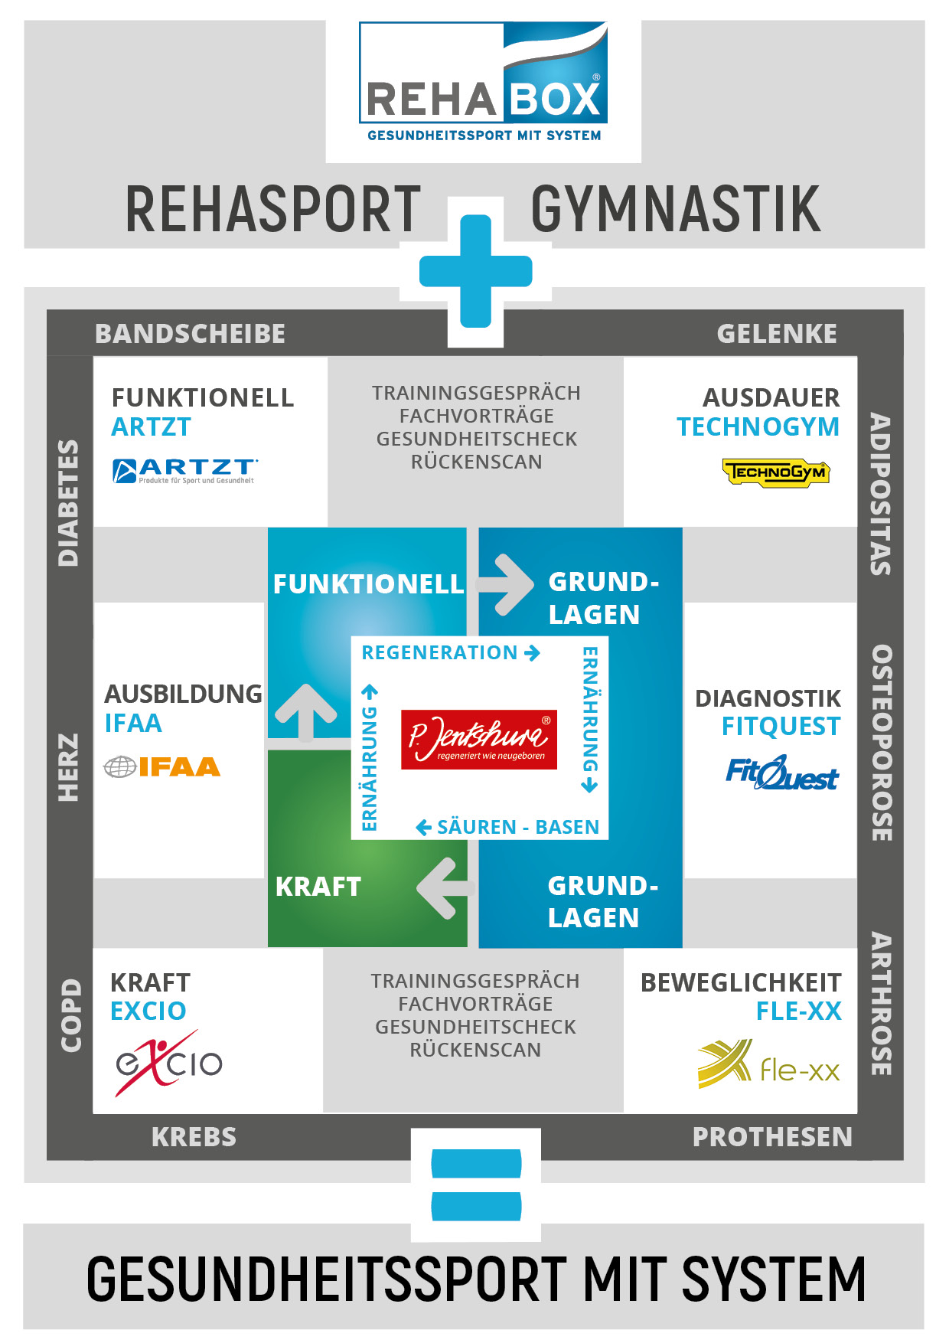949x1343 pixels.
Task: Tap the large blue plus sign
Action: click(x=475, y=271)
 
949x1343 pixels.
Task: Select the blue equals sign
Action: click(x=476, y=1185)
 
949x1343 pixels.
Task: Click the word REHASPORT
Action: click(x=273, y=208)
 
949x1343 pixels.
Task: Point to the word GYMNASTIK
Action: click(x=675, y=208)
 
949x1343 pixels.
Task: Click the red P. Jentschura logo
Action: click(x=479, y=740)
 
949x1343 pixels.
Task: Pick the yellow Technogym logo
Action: click(x=775, y=472)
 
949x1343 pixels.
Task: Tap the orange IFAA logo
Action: click(x=162, y=766)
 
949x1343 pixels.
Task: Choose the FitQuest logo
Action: click(x=781, y=773)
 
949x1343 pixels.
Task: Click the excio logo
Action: click(x=168, y=1062)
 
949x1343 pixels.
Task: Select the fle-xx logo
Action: click(x=768, y=1065)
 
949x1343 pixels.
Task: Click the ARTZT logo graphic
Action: click(x=184, y=470)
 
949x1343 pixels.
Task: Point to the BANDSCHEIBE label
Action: click(x=190, y=334)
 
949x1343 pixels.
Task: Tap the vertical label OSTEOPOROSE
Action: click(x=881, y=743)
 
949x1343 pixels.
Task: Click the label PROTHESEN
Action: click(x=771, y=1137)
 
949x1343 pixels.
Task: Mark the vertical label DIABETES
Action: click(x=69, y=502)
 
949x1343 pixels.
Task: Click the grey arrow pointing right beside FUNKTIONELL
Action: click(x=504, y=585)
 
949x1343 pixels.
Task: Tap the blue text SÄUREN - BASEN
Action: click(x=508, y=827)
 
